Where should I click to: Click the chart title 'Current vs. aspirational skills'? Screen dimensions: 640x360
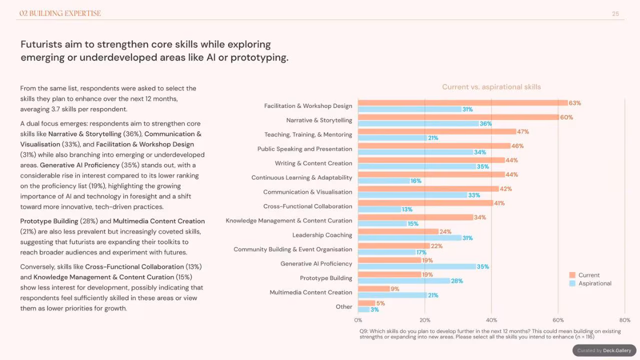491,87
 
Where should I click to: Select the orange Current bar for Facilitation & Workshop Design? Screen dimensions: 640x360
463,103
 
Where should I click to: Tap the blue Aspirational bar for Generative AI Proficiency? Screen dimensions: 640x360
417,266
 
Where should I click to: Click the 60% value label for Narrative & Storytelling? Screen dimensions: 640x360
566,117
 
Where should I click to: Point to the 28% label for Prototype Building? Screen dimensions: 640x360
457,281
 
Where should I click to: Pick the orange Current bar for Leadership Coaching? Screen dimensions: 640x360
398,231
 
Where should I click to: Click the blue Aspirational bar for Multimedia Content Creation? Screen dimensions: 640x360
392,295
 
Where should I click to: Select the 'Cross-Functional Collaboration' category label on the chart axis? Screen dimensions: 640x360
307,206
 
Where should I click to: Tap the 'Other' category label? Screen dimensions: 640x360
344,306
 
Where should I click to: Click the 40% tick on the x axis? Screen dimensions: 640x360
491,320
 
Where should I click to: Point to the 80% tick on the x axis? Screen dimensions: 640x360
625,320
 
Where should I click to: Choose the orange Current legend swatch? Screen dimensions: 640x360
572,275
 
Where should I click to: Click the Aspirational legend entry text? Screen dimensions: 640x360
595,283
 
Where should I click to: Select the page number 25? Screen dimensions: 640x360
615,13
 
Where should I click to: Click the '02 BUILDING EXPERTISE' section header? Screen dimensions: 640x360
60,13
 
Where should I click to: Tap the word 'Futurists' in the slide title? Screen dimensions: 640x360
41,44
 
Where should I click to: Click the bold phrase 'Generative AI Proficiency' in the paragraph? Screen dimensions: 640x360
79,165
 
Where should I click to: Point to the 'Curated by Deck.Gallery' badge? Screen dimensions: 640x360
604,350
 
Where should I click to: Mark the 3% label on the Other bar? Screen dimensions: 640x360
374,309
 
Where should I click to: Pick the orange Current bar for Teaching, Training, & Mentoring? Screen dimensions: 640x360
437,131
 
